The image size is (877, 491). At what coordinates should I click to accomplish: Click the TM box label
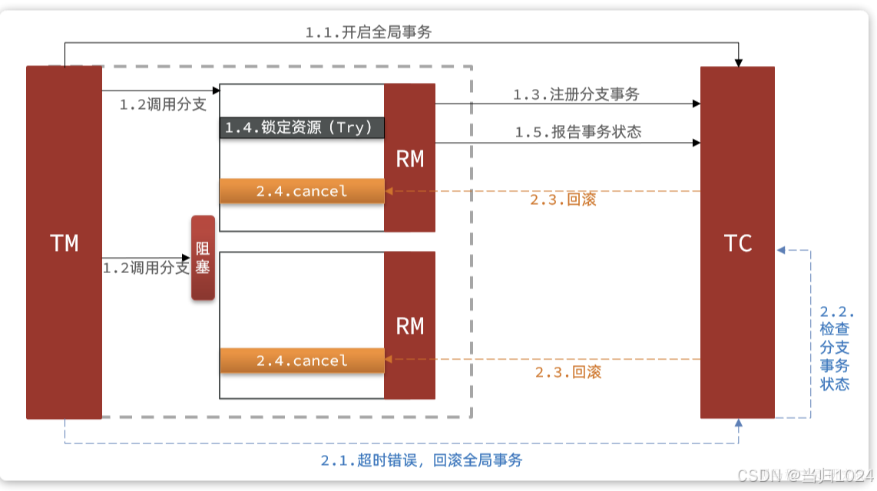click(x=65, y=243)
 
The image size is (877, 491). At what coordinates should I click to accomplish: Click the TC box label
click(x=738, y=243)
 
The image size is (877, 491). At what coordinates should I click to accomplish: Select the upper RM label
click(x=410, y=159)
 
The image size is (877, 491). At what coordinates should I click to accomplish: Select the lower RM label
click(x=410, y=326)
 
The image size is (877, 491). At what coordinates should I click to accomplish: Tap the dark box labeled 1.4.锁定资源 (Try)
click(x=303, y=127)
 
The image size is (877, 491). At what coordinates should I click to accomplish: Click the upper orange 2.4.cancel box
click(x=302, y=191)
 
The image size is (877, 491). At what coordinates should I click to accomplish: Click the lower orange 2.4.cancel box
click(x=302, y=361)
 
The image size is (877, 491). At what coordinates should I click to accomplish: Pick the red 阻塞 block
click(x=203, y=258)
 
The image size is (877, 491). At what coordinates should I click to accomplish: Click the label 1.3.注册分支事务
click(x=576, y=94)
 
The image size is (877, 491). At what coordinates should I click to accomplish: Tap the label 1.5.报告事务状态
click(x=577, y=132)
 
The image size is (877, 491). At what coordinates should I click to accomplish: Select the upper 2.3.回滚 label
click(x=563, y=199)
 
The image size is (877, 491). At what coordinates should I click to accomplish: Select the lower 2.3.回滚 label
click(x=568, y=372)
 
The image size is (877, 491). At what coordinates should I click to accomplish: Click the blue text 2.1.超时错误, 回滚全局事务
click(x=422, y=460)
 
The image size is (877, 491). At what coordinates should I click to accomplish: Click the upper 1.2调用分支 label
click(x=163, y=105)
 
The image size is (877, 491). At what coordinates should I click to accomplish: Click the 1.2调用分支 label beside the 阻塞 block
click(x=146, y=268)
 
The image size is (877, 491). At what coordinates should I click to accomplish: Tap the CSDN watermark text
click(x=806, y=476)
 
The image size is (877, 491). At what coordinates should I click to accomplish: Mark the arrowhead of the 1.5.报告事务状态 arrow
click(x=697, y=143)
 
